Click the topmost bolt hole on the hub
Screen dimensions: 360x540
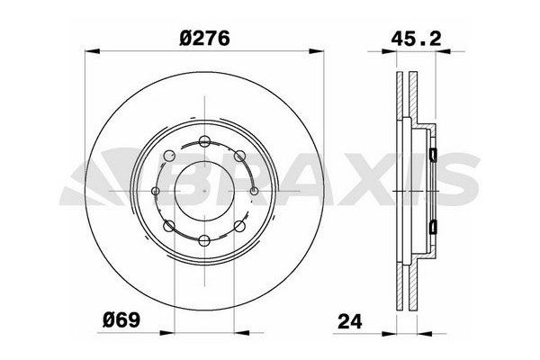point(205,140)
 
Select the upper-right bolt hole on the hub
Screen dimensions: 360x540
point(240,154)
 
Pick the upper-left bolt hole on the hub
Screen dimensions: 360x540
point(170,154)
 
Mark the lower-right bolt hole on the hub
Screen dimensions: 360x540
point(242,226)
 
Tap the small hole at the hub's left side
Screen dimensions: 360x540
point(156,191)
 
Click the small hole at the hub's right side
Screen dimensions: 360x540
point(255,191)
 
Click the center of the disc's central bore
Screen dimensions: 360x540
point(205,190)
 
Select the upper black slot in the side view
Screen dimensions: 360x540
point(433,155)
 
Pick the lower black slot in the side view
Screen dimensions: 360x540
point(433,225)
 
